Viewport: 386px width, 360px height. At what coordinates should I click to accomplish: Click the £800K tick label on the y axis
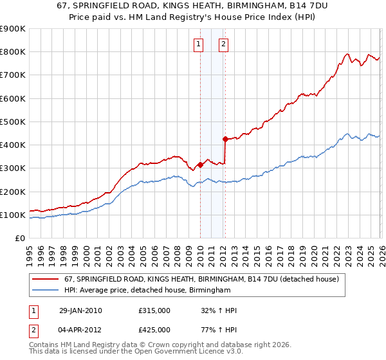[x=13, y=52]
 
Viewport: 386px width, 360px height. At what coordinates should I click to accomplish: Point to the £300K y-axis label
[x=13, y=168]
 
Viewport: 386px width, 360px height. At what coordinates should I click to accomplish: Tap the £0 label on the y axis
[x=21, y=239]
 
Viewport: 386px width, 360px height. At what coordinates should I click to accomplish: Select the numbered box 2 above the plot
[x=223, y=44]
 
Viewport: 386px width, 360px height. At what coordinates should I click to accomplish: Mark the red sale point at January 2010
[x=200, y=165]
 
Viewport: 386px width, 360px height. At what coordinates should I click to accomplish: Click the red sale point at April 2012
[x=225, y=139]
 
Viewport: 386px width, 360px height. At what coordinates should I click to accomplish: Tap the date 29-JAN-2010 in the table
[x=80, y=310]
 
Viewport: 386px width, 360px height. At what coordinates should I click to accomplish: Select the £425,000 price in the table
[x=154, y=330]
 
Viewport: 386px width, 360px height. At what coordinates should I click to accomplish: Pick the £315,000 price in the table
[x=154, y=310]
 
